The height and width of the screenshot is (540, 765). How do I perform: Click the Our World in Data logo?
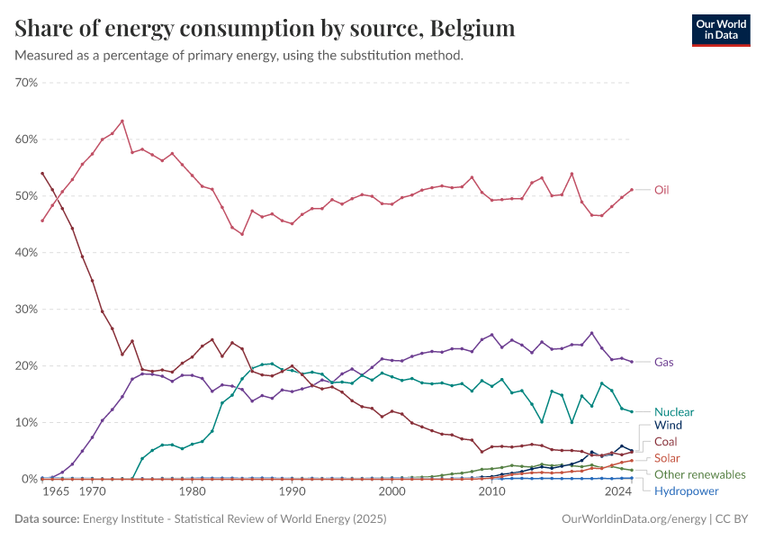coord(721,30)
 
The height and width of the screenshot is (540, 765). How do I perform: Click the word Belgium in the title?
coord(472,29)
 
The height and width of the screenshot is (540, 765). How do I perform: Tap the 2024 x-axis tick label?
coord(618,492)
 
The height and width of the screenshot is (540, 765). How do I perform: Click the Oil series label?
coord(661,190)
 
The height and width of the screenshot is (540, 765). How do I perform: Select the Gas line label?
coord(663,362)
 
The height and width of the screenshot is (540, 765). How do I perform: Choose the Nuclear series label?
coord(674,411)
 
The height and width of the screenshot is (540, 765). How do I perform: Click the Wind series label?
coord(668,425)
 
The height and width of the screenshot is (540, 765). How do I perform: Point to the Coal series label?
coord(666,442)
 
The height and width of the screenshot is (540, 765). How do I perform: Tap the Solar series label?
coord(667,458)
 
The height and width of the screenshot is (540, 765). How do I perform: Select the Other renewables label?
coord(699,474)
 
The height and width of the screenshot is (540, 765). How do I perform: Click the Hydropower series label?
coord(687,490)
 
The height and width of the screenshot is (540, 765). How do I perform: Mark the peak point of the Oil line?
coord(122,121)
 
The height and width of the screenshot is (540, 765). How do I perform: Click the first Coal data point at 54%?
coord(42,173)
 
